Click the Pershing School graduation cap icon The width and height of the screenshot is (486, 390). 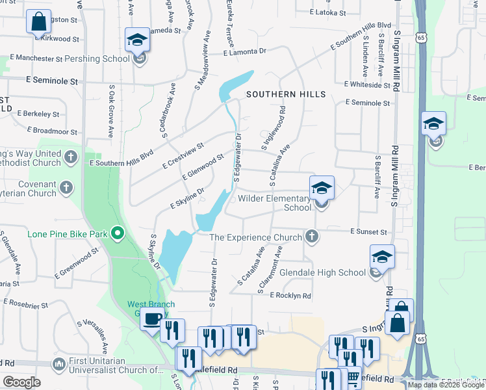[138, 40]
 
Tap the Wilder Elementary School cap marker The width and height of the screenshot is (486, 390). [322, 188]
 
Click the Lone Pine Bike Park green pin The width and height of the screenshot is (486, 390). [118, 232]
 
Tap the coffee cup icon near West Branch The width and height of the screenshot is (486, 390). [153, 319]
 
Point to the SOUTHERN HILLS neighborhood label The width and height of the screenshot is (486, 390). [286, 94]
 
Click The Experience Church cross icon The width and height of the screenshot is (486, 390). [313, 236]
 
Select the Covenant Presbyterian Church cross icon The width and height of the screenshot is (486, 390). [66, 188]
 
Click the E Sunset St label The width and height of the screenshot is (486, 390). [368, 231]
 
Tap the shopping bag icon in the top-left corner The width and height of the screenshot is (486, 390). [38, 21]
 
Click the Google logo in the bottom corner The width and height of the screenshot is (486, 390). [21, 382]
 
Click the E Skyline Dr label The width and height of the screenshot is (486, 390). [187, 198]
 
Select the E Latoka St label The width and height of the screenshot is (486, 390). [330, 12]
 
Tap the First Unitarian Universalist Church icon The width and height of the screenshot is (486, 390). [59, 362]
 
